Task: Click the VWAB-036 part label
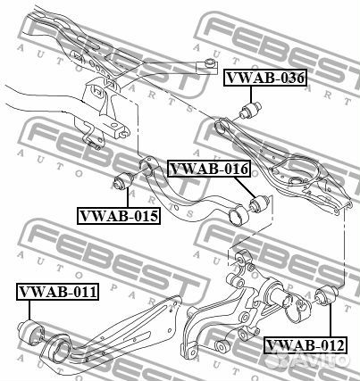coord(265,78)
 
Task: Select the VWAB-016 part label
coord(209,169)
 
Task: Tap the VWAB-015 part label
coord(119,215)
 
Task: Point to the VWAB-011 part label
coord(58,292)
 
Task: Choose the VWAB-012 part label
coord(306,345)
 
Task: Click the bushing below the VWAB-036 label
coord(250,110)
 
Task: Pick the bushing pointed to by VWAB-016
coord(259,203)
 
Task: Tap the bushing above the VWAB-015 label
coord(124,180)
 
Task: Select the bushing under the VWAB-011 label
coord(30,333)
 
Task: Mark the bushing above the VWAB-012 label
coord(326,294)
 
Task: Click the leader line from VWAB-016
coord(245,186)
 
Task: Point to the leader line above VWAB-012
coord(331,320)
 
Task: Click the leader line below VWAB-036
coord(251,94)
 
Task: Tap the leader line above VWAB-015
coord(128,198)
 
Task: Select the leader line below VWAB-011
coord(29,311)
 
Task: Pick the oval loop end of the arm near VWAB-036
coord(222,126)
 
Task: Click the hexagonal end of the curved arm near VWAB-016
coord(239,215)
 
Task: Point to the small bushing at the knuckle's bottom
coord(222,346)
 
